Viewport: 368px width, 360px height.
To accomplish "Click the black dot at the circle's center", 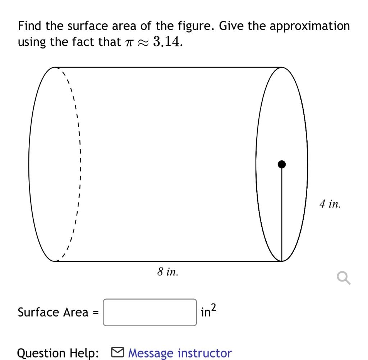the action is click(282, 164).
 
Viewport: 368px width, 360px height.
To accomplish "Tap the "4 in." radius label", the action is click(329, 205).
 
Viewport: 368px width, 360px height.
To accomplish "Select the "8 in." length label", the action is click(167, 272).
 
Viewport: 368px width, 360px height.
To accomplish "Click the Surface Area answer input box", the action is click(150, 312).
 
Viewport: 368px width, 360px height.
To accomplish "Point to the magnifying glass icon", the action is click(343, 278).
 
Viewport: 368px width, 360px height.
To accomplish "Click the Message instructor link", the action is click(180, 353).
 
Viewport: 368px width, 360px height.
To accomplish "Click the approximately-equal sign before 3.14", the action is click(143, 42).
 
